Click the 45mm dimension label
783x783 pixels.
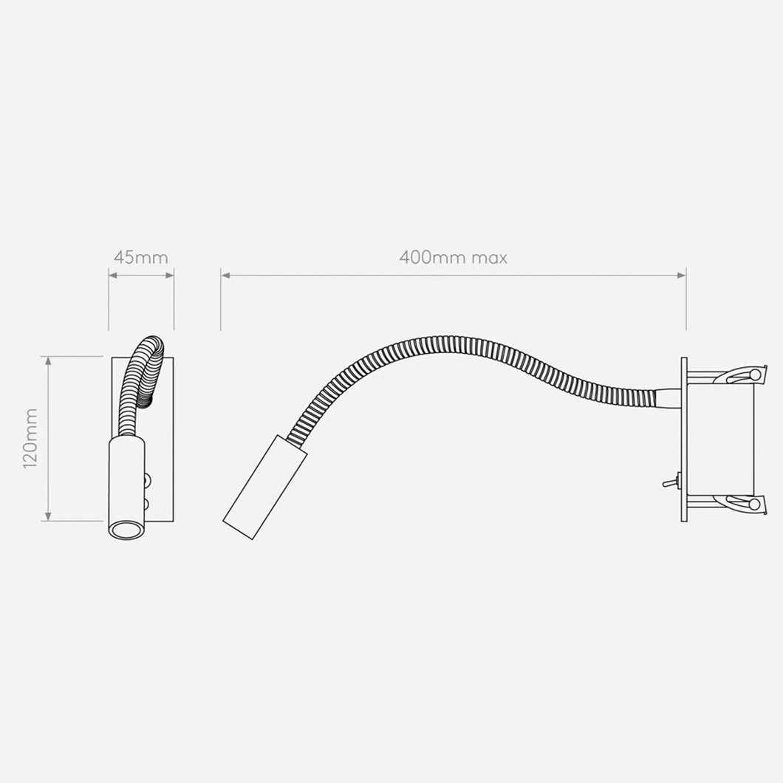click(140, 258)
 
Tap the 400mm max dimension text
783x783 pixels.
click(453, 258)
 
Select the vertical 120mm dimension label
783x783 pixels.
click(30, 439)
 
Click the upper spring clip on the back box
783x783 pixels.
click(742, 376)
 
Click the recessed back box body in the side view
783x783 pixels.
click(720, 440)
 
